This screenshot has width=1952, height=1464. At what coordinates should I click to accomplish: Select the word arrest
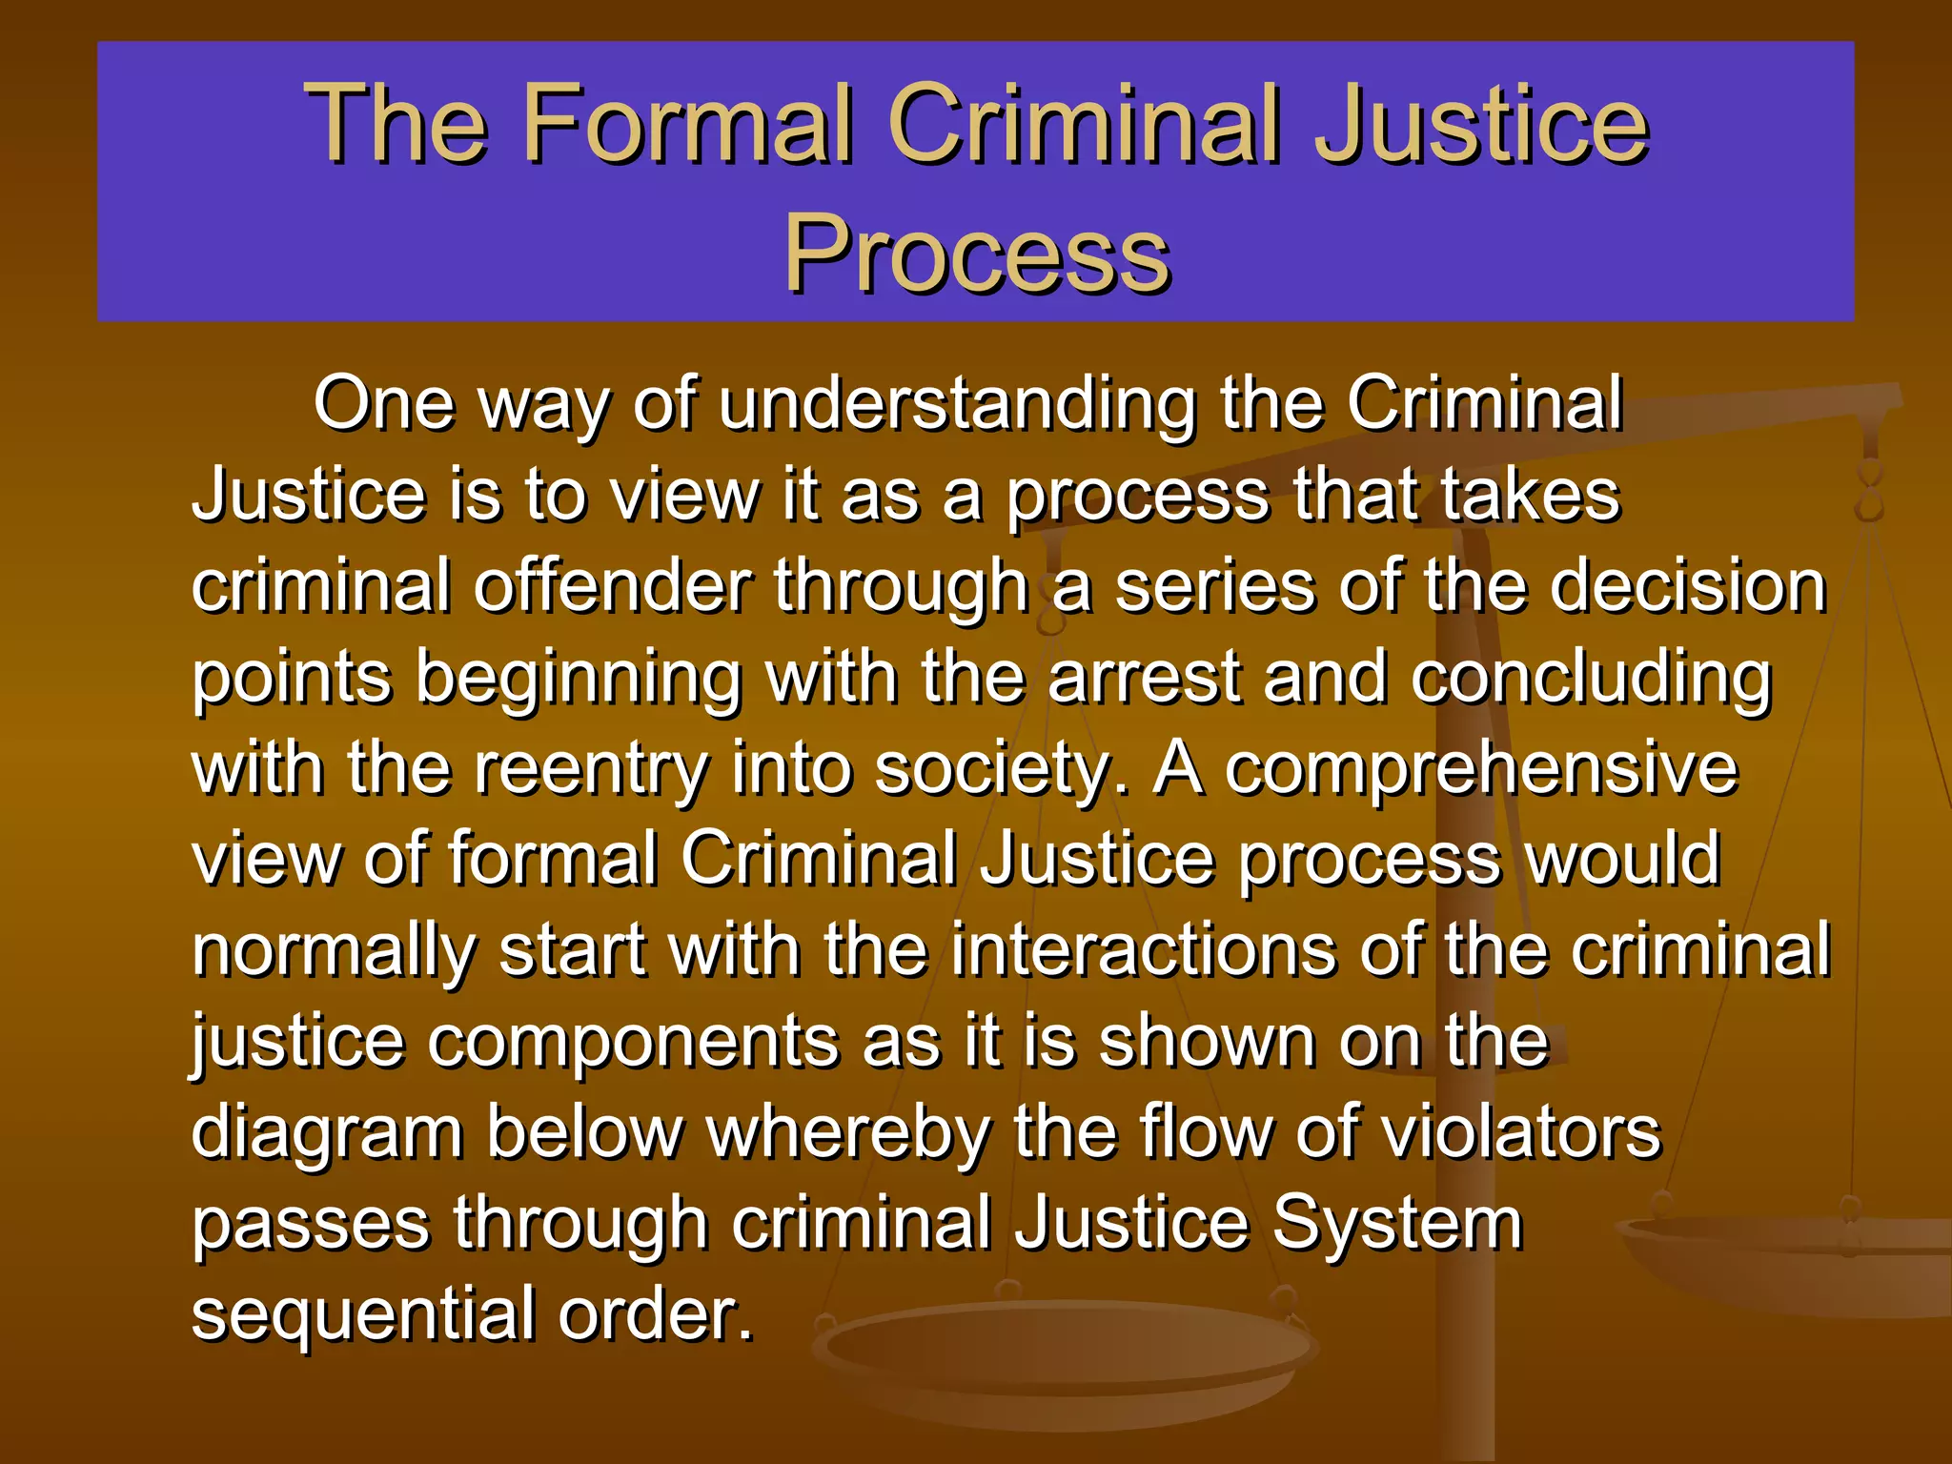(1145, 678)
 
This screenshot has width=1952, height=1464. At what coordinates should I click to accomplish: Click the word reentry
(592, 770)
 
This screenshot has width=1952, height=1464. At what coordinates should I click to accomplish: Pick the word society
(1001, 770)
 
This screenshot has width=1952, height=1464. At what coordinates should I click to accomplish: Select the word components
(633, 1043)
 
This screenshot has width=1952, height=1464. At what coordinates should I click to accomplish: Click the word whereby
(848, 1132)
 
